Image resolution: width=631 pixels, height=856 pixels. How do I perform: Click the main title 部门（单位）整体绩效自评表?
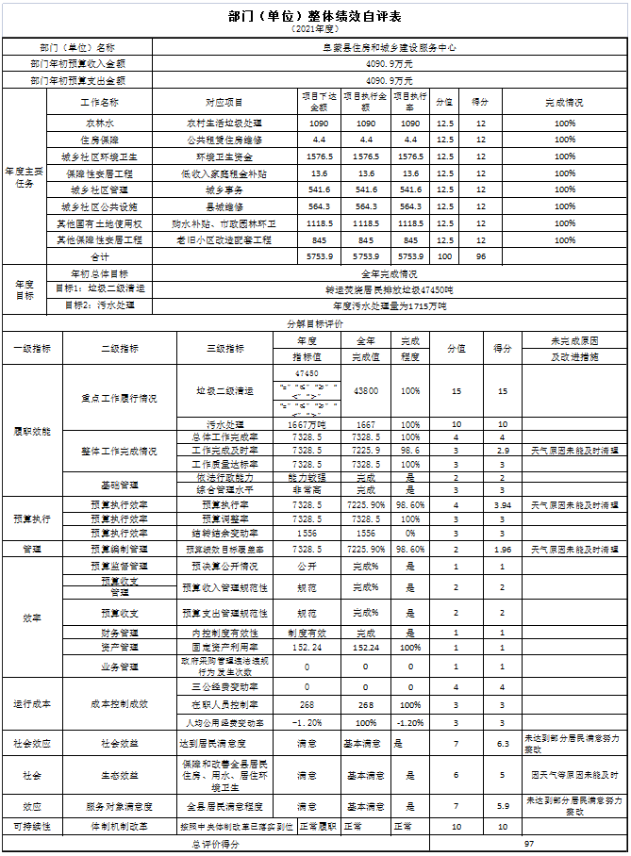pos(315,16)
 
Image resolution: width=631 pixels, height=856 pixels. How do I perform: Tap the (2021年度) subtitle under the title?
pos(315,30)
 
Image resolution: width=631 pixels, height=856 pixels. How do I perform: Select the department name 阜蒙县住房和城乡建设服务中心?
pos(375,46)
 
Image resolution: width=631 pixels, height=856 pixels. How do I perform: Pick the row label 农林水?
pos(99,123)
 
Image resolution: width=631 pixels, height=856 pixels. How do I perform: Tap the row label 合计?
pos(99,256)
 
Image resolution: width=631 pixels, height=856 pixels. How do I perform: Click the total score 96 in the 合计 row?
pos(480,256)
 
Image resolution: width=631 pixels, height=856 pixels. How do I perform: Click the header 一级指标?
pos(34,348)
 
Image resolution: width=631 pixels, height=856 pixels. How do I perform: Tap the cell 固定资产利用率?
pos(224,648)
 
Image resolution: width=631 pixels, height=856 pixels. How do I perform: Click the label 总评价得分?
pos(216,844)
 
